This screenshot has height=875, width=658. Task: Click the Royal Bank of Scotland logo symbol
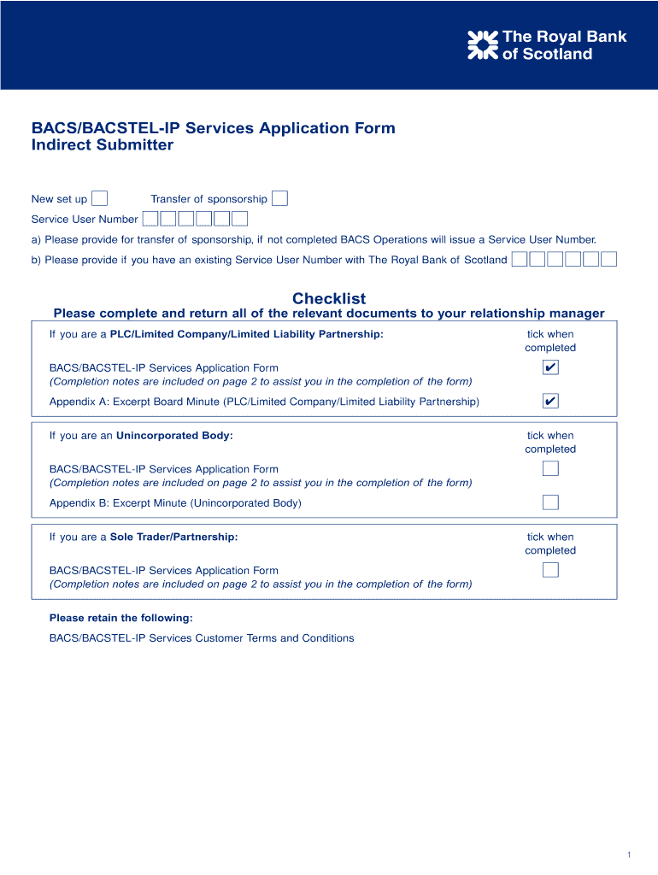click(x=483, y=45)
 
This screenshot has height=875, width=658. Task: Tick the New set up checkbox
click(x=100, y=199)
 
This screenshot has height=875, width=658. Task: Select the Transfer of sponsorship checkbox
click(x=279, y=199)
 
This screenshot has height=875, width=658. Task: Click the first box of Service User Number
click(x=150, y=220)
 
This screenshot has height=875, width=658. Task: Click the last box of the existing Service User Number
click(x=608, y=260)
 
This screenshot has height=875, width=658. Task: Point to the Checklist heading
click(x=329, y=298)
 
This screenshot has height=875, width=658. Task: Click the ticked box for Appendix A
click(x=550, y=402)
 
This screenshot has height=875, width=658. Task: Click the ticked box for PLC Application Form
click(x=550, y=367)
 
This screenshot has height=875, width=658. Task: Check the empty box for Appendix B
click(x=550, y=502)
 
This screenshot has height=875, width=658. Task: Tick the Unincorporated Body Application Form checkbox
click(x=550, y=468)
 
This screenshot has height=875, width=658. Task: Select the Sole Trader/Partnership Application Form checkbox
click(x=550, y=570)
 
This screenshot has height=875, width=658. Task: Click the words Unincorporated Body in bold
click(x=174, y=436)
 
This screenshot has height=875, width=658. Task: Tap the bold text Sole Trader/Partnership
click(x=173, y=537)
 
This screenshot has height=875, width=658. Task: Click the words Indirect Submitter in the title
click(x=103, y=145)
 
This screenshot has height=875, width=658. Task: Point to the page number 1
click(x=628, y=855)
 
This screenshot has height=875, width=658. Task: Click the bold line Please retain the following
click(x=120, y=618)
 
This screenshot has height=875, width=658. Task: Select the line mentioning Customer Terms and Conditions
click(x=202, y=638)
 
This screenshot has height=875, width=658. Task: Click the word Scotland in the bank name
click(x=558, y=55)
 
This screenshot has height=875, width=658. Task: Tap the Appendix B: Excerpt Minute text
click(x=175, y=503)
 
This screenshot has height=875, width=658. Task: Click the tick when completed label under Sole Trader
click(x=550, y=543)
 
